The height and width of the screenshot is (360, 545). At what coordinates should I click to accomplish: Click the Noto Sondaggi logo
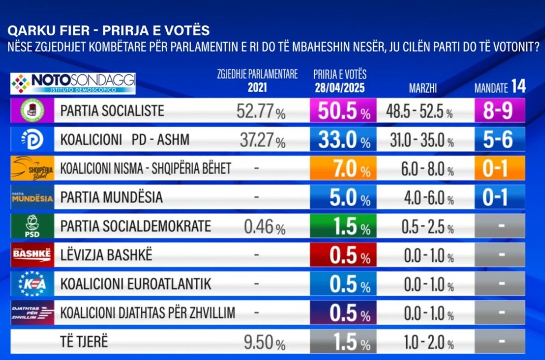coord(73,83)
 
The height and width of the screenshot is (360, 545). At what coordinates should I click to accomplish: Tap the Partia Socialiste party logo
coord(32,111)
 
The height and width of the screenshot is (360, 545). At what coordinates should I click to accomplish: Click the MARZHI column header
coord(423,88)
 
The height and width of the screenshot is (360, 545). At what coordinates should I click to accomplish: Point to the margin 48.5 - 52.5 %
coord(420,112)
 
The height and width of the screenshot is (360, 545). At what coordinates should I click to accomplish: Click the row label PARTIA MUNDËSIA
coord(112,197)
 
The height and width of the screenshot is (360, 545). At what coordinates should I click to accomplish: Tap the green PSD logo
coord(32,226)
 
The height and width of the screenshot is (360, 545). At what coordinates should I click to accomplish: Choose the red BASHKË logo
coord(32,255)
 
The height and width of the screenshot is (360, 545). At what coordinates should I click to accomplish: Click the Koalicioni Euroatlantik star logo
coord(32,284)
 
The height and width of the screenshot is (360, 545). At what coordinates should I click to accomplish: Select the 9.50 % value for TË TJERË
coord(264,342)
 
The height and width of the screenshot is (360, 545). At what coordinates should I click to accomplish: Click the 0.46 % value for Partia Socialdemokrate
coord(264,227)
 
